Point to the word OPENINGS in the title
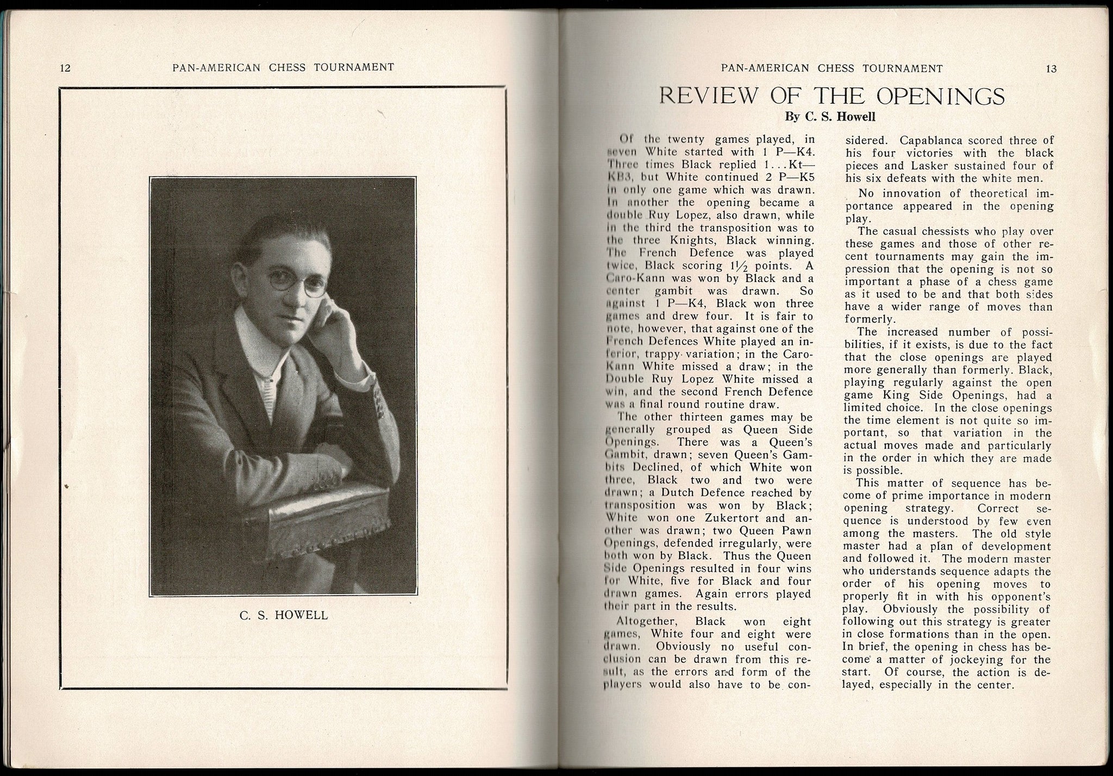click(940, 96)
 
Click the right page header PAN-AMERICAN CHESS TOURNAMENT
click(831, 68)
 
